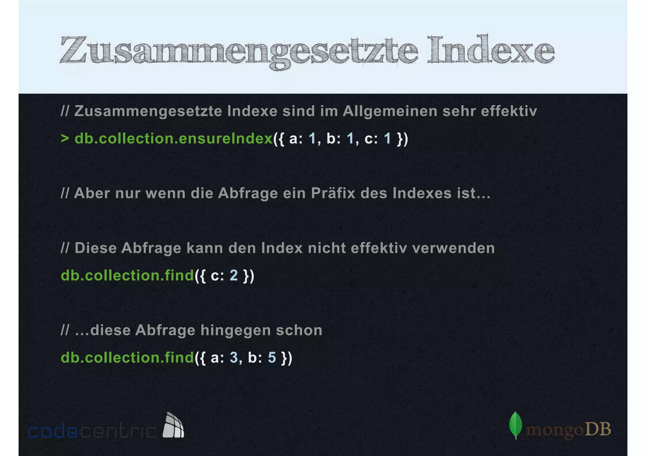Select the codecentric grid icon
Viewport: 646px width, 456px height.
[173, 425]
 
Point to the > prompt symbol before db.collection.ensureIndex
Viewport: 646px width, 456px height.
[65, 138]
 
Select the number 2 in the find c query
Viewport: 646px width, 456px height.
[233, 275]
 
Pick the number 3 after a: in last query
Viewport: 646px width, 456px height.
[233, 358]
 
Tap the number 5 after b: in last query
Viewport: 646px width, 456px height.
[272, 358]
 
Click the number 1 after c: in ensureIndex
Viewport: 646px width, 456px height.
[387, 139]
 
